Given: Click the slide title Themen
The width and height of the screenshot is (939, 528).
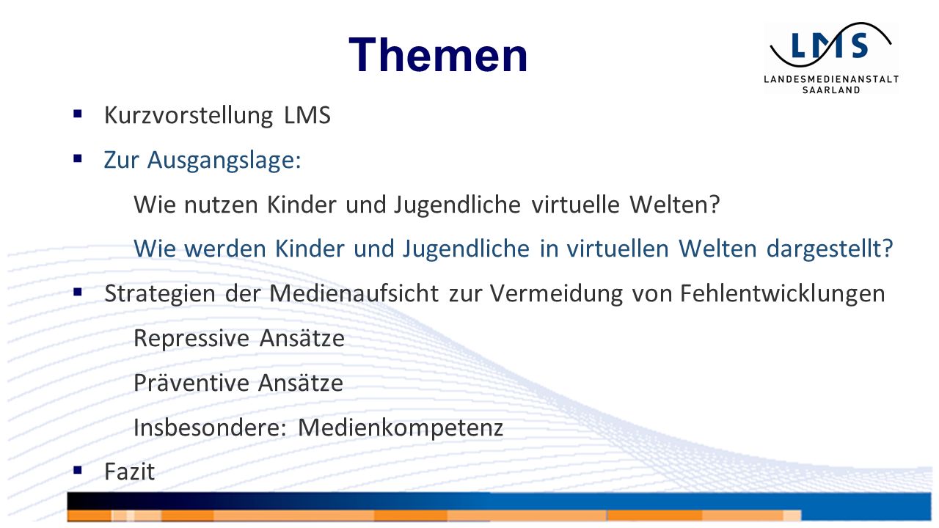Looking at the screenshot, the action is click(x=438, y=55).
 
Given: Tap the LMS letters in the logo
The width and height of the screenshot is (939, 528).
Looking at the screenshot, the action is click(x=830, y=45).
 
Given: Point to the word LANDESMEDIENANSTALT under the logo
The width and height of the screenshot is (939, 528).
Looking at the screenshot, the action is click(x=831, y=79).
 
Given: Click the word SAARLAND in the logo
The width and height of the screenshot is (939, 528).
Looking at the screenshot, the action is click(x=831, y=90).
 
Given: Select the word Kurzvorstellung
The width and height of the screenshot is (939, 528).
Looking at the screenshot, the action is click(x=189, y=115).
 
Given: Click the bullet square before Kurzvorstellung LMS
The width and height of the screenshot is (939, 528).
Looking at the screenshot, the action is click(x=78, y=114).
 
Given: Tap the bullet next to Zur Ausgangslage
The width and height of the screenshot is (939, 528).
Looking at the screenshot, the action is click(x=78, y=158).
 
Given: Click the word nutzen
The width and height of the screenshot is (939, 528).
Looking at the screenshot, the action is click(x=221, y=205).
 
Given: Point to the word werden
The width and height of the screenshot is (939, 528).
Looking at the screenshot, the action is click(x=225, y=249).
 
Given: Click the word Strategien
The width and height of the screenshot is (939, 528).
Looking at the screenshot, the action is click(x=160, y=294).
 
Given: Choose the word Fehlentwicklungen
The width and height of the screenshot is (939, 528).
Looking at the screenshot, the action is click(x=783, y=293).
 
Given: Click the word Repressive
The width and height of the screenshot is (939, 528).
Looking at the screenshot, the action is click(x=191, y=339).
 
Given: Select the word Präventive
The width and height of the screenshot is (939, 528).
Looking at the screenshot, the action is click(x=191, y=383).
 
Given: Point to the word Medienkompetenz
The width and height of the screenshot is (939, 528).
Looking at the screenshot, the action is click(x=401, y=428).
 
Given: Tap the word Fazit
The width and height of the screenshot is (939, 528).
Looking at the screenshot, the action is click(x=130, y=472).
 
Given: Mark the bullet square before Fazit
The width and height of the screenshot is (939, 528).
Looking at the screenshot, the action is click(x=78, y=470).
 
